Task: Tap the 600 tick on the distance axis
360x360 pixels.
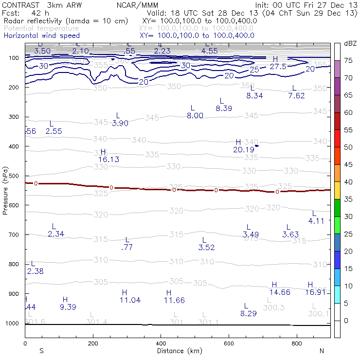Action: point(229,343)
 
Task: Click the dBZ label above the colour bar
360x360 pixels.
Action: point(350,43)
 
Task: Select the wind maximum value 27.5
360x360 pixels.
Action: point(278,66)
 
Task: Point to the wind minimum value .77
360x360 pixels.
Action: point(126,247)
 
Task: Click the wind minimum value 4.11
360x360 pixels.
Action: point(316,221)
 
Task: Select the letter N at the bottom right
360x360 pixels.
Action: point(322,351)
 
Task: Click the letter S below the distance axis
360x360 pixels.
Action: point(41,351)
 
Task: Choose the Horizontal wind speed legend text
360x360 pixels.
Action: point(41,36)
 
